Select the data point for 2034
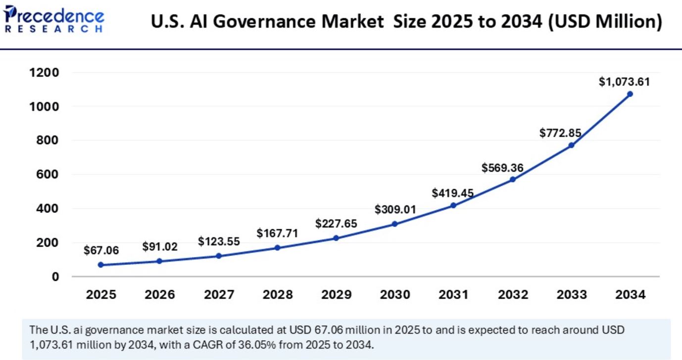click(630, 94)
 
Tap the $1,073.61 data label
click(624, 82)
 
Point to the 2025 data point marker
click(101, 265)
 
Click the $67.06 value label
click(101, 251)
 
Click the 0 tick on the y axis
click(55, 276)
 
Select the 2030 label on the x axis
click(394, 295)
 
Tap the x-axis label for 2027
click(219, 295)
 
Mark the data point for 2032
click(512, 179)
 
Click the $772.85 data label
click(561, 133)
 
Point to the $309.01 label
click(395, 210)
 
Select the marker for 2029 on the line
click(336, 238)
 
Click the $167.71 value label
click(277, 233)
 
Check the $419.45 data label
click(453, 193)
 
